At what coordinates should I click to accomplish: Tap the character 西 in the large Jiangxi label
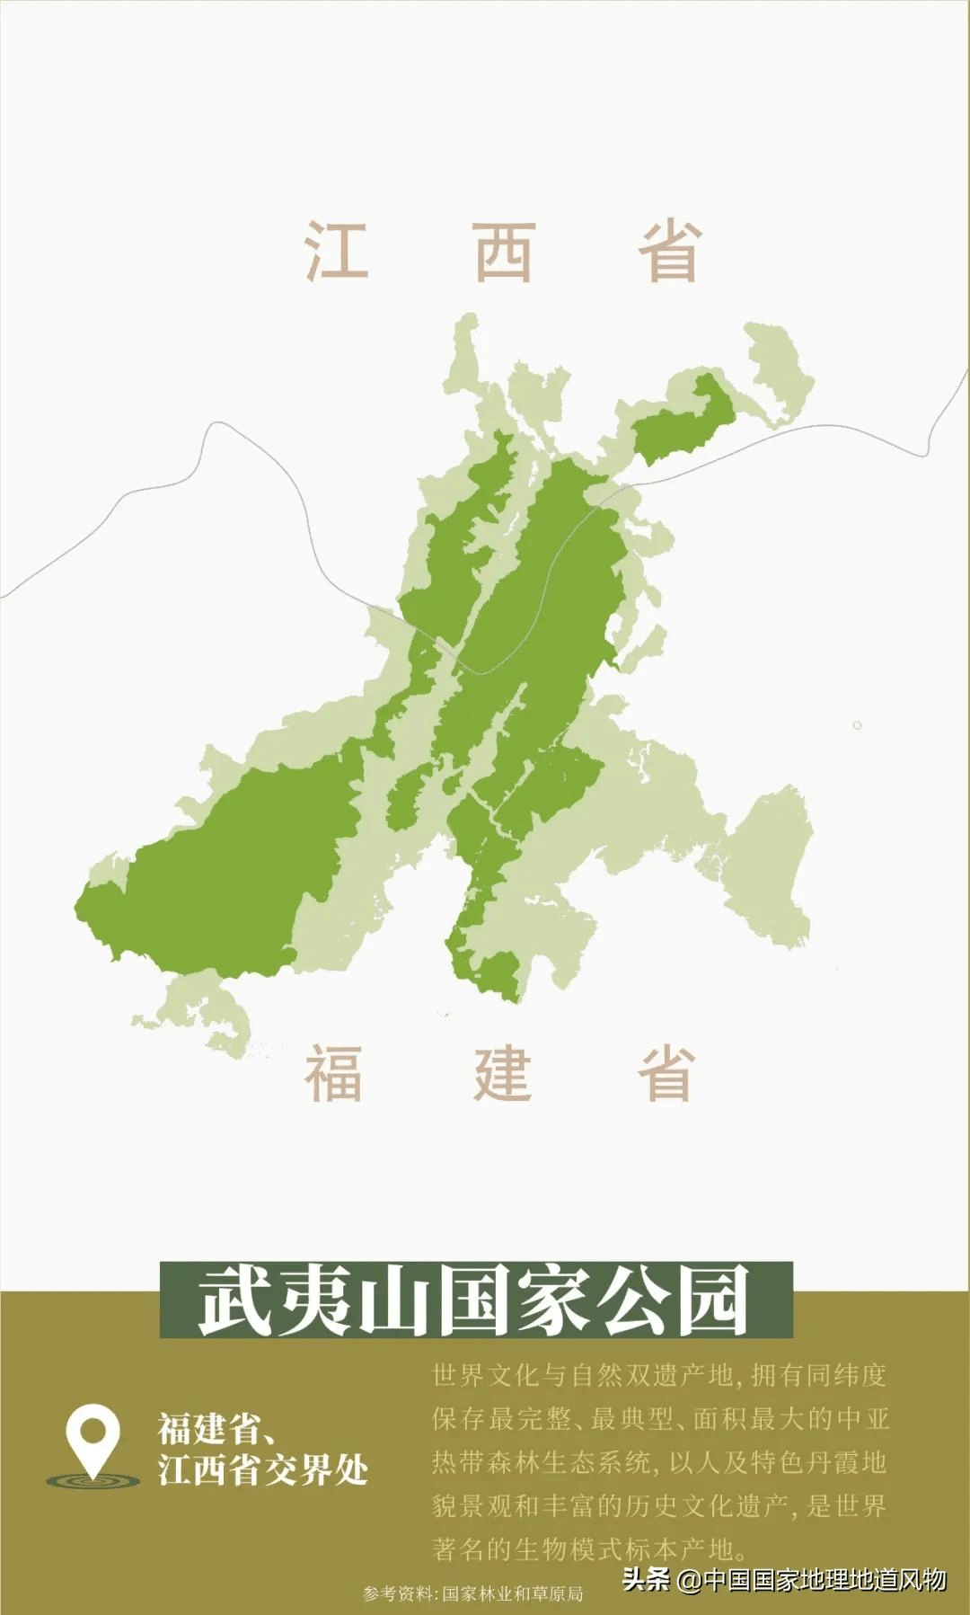pyautogui.click(x=504, y=251)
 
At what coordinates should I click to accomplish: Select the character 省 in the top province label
pyautogui.click(x=669, y=251)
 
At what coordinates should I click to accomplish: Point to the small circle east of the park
pyautogui.click(x=857, y=725)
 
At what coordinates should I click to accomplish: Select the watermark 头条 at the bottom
pyautogui.click(x=647, y=1579)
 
